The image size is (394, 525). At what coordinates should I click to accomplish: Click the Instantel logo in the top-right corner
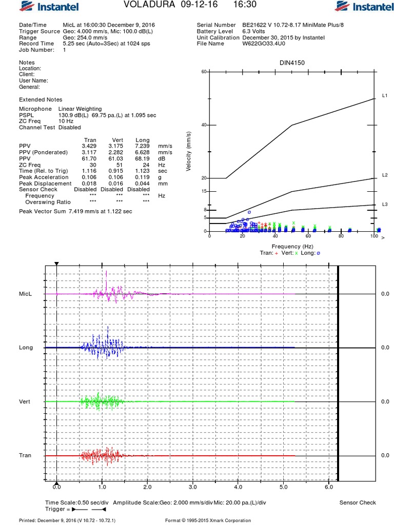364,7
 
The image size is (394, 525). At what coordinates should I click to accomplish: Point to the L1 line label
385,96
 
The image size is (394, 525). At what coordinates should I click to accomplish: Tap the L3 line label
385,205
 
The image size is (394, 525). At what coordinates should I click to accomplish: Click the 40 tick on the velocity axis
204,125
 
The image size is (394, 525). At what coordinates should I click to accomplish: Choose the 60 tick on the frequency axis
308,236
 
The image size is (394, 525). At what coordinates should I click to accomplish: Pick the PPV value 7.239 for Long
142,146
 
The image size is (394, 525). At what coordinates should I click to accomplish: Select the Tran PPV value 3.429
89,146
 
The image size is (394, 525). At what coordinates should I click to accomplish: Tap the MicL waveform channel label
26,294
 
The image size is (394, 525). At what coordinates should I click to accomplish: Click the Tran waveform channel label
26,455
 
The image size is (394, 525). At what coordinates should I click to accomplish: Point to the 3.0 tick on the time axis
192,487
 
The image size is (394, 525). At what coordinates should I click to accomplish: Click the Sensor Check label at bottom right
358,502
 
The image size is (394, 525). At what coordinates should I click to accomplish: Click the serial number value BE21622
254,25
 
